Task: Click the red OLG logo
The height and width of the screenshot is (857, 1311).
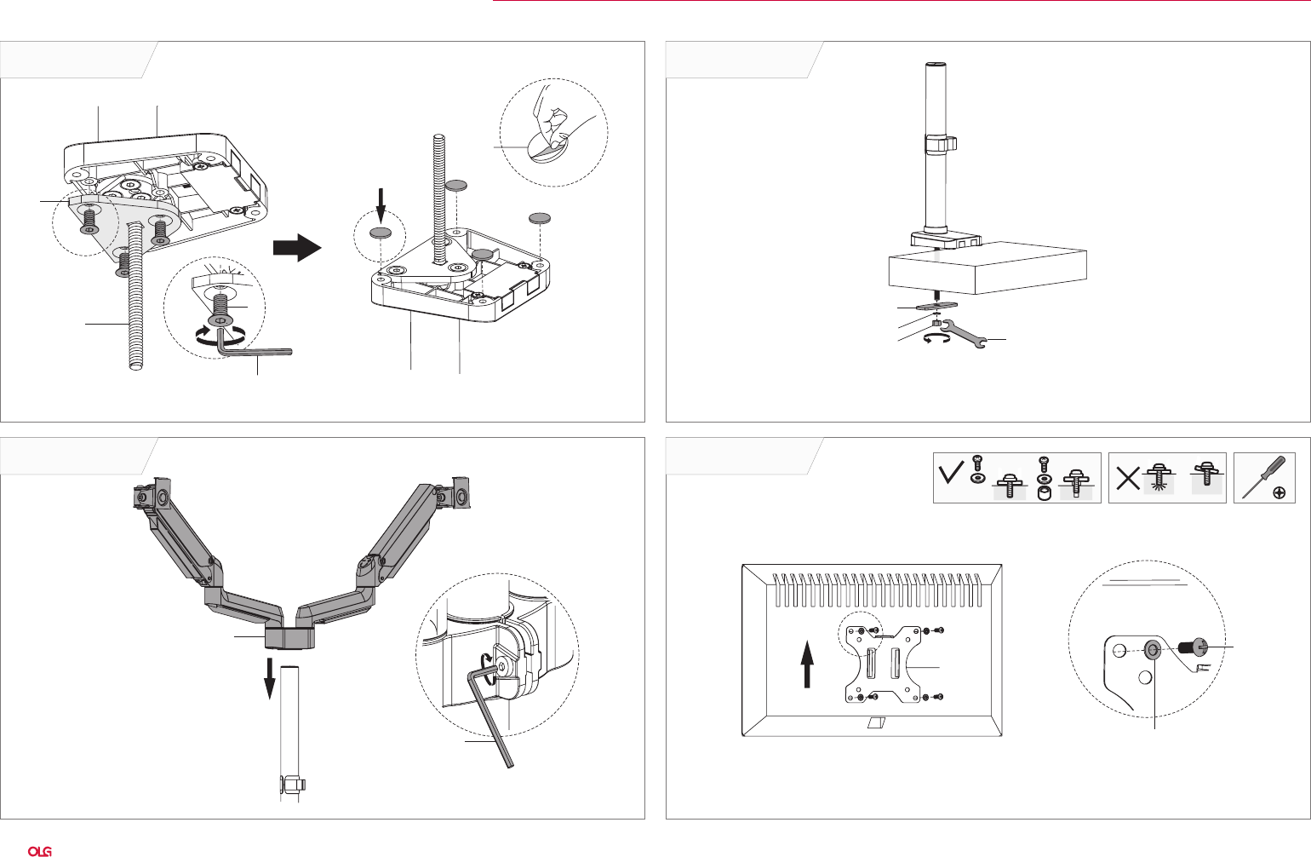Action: [40, 851]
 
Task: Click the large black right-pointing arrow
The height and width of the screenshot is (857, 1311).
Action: [297, 248]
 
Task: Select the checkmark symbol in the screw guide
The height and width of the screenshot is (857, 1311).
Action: [951, 473]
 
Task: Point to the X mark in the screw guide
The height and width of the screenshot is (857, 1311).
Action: [1128, 477]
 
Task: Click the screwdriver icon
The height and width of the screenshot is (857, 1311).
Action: [1263, 476]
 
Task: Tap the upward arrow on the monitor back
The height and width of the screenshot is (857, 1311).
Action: [808, 664]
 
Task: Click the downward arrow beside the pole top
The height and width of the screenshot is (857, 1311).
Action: [269, 678]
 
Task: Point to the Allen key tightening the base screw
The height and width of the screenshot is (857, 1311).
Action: [253, 346]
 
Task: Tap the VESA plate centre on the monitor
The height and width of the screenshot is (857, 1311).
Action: [881, 664]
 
